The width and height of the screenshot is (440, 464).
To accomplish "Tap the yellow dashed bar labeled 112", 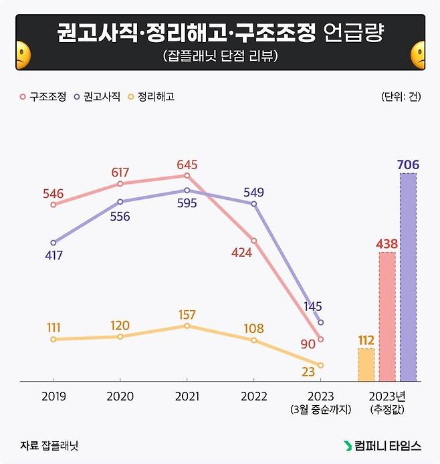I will click(x=366, y=365).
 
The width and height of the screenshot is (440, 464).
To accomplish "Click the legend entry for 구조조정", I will click(x=43, y=96).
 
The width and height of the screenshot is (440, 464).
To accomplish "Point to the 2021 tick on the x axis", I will click(x=187, y=396).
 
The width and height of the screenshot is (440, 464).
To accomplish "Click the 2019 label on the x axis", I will click(x=53, y=396).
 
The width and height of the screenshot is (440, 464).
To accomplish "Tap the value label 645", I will click(x=187, y=164).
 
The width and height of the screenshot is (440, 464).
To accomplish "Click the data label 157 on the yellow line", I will click(x=187, y=314).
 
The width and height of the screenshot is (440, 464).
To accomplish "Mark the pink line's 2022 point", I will click(x=253, y=241).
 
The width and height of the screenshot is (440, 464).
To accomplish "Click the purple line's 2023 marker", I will click(x=321, y=322).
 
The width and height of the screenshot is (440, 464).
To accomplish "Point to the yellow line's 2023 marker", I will click(x=321, y=365).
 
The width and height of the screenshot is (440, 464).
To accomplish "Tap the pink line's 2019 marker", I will click(x=53, y=205).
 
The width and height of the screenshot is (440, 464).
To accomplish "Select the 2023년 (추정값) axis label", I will click(x=387, y=402).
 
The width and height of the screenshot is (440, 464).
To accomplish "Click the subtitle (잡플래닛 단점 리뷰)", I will click(x=219, y=57).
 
